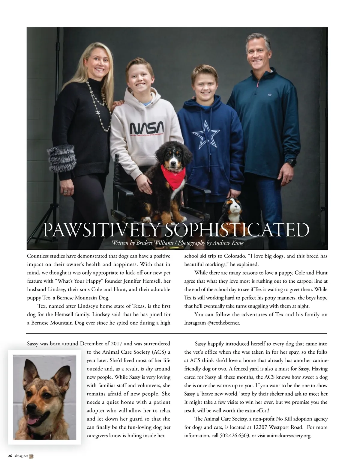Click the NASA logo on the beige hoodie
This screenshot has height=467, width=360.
[x=147, y=128]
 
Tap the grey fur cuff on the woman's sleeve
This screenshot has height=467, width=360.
[x=61, y=158]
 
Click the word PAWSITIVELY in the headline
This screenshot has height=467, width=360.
[x=101, y=230]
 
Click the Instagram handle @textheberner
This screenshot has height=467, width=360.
[x=223, y=323]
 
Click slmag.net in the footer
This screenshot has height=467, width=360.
[x=21, y=456]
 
